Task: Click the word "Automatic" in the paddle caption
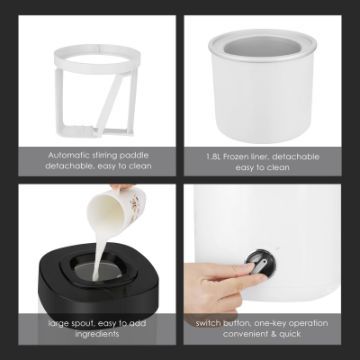pos(68,155)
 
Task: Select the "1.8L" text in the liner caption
pos(213,157)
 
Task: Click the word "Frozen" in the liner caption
pos(239,157)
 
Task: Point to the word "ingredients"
pos(97,334)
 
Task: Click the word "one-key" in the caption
pos(269,324)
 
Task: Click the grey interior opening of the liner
pos(263,46)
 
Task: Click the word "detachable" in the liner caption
pos(296,157)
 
